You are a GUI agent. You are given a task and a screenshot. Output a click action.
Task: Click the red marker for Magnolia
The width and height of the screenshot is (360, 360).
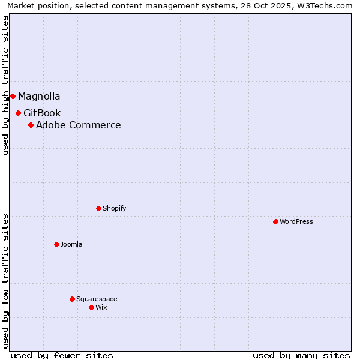13,96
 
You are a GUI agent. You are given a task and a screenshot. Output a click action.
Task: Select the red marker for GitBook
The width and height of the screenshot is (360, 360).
18,113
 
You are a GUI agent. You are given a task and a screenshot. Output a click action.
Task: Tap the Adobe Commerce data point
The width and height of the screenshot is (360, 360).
31,125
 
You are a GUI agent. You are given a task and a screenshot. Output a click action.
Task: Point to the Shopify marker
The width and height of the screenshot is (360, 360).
98,208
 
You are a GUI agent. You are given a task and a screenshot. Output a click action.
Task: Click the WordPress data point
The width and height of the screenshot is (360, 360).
275,221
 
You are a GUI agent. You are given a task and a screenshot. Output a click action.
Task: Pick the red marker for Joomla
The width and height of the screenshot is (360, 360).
56,244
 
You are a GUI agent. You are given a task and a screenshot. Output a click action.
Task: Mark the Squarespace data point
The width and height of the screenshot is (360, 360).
72,299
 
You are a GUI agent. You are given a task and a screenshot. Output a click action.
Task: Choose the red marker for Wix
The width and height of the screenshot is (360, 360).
91,307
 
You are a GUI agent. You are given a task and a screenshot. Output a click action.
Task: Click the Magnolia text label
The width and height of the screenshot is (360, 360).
39,96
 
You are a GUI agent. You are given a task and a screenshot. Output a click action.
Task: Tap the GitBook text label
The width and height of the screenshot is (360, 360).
42,113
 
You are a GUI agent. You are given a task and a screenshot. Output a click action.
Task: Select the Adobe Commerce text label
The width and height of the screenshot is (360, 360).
78,125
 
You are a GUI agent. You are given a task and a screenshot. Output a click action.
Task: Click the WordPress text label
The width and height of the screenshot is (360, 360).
296,221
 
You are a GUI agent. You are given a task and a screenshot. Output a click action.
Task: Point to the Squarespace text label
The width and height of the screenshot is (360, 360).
97,299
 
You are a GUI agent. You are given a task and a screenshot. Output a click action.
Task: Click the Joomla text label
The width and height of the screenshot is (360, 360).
71,244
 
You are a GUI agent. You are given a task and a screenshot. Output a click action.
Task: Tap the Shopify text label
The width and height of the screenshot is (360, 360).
114,208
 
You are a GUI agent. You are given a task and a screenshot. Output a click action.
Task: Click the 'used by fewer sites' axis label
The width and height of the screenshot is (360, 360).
62,355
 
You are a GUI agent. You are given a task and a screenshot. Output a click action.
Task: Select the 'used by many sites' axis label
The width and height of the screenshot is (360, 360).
301,355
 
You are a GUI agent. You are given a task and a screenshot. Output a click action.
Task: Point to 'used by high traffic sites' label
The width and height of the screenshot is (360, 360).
5,85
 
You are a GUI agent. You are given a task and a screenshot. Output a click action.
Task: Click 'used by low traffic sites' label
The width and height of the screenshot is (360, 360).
5,281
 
